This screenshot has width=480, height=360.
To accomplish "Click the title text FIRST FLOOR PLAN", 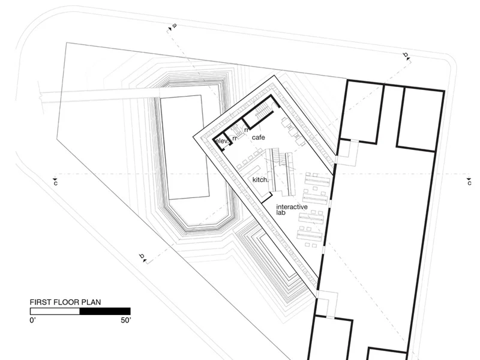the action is coord(65,302).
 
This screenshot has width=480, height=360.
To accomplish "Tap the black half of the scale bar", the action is coord(105,311).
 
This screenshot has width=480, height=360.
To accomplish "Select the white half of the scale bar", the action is coord(55,311).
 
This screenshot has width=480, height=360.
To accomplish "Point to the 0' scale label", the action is coord(33,320).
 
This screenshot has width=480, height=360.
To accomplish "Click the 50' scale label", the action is coord(126,320).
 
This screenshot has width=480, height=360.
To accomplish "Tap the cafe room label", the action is coord(259,137).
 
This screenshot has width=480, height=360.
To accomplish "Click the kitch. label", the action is coord(260,179).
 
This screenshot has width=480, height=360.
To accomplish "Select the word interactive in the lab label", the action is coord(292,207).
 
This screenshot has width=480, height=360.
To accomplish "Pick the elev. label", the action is coord(222,141).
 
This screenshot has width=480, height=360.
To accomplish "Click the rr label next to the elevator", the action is coord(235,138).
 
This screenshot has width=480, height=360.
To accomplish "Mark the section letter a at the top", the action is coord(175,25).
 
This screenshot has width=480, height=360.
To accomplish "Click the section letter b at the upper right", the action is coord(406,55).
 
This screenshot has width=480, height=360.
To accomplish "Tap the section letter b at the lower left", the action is coord(142,256).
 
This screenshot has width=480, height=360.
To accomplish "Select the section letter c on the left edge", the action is coord(55,184).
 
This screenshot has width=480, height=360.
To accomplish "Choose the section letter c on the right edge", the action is coord(469,183).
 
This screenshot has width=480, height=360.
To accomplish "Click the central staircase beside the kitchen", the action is coord(281,172).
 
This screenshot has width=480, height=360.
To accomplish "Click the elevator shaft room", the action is coord(221,142).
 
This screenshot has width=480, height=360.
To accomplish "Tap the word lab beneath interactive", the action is coord(281,212).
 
